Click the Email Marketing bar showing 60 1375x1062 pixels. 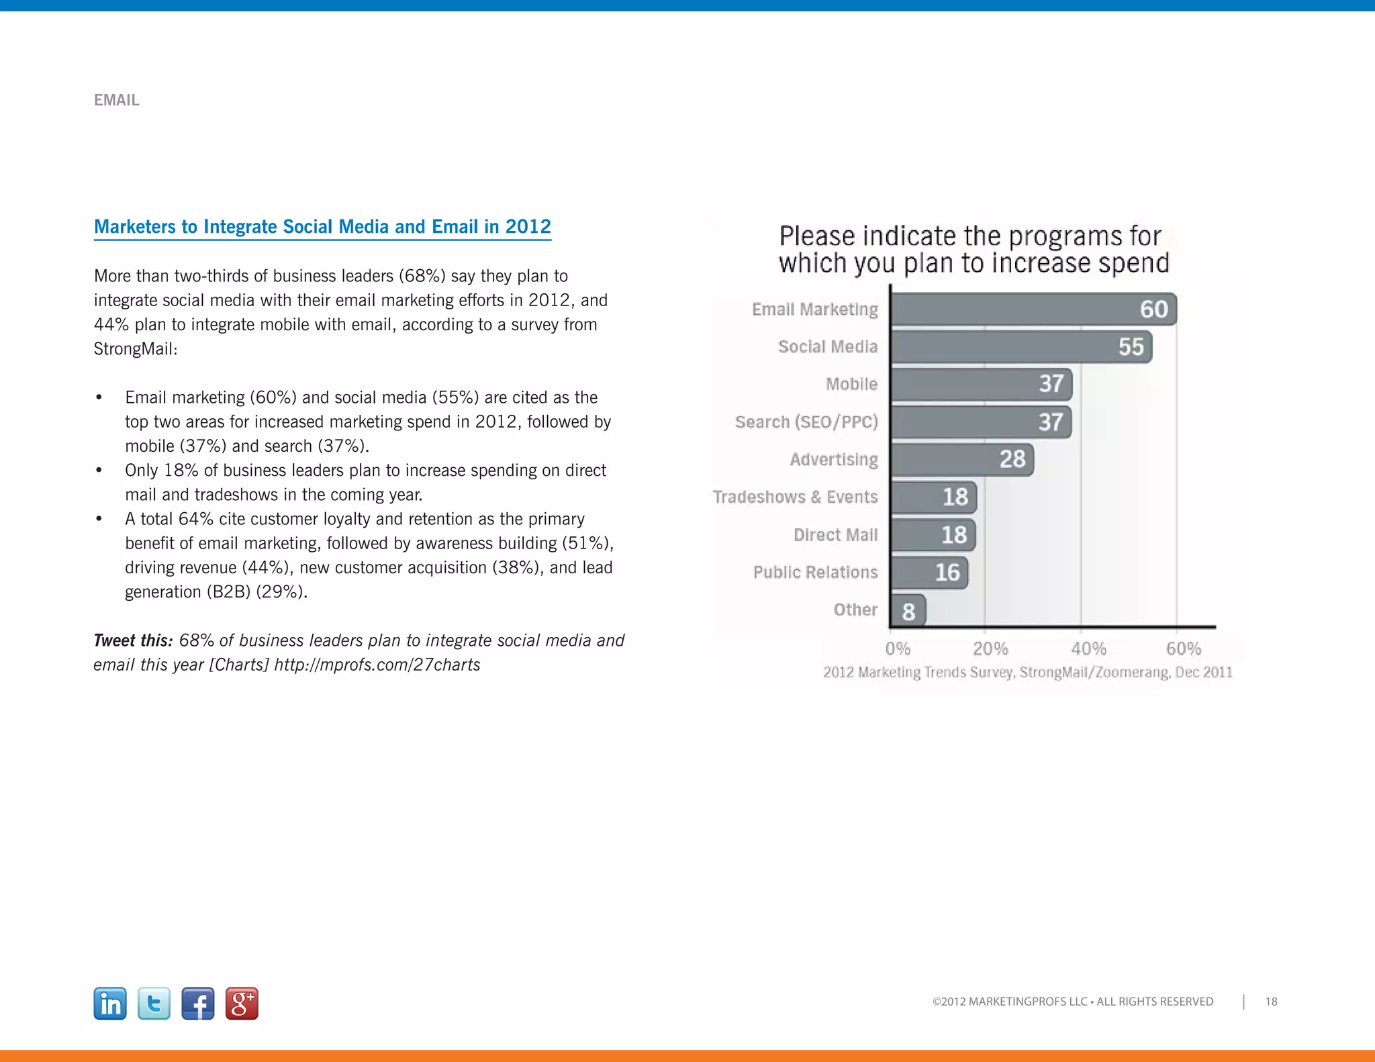point(1034,309)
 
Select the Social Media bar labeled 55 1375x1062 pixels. point(1021,347)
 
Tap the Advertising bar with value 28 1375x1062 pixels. point(962,460)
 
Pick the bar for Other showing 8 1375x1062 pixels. point(908,611)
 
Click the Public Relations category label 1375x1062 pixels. point(815,573)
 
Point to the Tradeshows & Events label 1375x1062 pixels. point(795,497)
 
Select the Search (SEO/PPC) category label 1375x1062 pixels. point(806,422)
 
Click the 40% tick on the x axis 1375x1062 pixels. point(1088,648)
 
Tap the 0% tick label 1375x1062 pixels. point(898,648)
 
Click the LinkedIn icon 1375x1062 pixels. point(110,1004)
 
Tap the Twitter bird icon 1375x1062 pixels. point(154,1004)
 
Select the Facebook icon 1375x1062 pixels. point(198,1004)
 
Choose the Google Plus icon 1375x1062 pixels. point(242,1004)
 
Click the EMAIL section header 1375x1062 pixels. point(117,100)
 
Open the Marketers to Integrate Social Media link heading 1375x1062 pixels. point(322,227)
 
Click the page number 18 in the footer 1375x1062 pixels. point(1271,1002)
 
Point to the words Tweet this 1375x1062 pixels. point(133,640)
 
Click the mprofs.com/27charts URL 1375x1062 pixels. point(377,665)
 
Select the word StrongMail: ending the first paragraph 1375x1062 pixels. point(136,349)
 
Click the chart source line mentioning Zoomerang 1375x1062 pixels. point(1027,672)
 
